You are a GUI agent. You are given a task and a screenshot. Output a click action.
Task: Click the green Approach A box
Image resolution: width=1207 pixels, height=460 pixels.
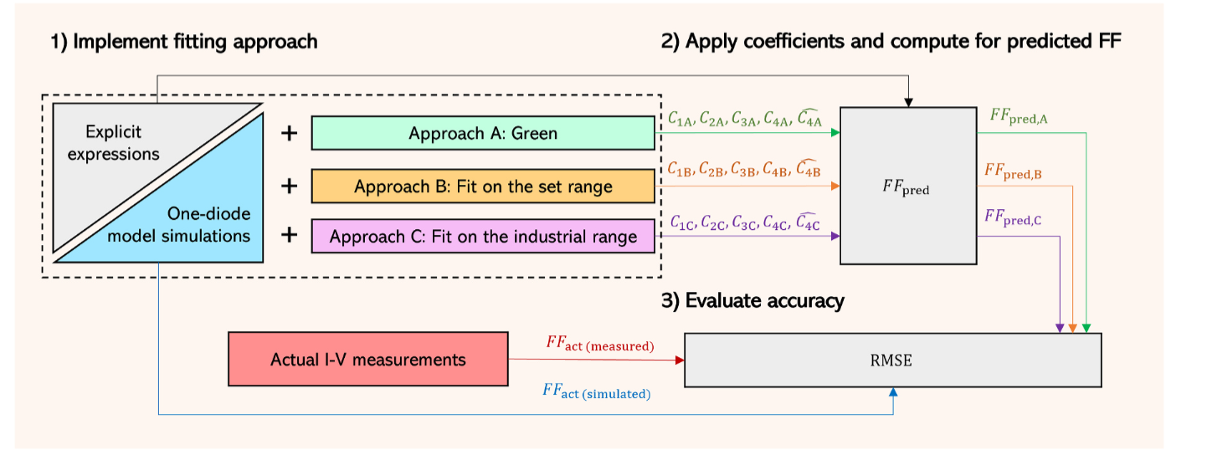click(x=483, y=134)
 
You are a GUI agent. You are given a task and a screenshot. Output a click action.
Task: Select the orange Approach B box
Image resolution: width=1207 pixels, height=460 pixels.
click(x=483, y=186)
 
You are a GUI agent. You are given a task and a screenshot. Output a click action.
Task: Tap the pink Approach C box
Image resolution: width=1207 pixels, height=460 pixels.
click(x=483, y=237)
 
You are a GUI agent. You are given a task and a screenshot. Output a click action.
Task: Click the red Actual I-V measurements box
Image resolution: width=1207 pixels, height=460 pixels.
click(x=368, y=360)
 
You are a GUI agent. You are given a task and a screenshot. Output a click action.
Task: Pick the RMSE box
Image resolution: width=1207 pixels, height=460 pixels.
click(x=892, y=360)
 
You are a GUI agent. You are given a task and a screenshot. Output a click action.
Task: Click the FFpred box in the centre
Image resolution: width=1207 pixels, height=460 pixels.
click(x=908, y=186)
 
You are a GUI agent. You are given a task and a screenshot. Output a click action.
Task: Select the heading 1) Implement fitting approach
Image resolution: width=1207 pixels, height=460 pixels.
click(x=184, y=42)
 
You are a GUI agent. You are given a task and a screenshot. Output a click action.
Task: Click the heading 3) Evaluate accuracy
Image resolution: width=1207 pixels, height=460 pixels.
click(x=752, y=301)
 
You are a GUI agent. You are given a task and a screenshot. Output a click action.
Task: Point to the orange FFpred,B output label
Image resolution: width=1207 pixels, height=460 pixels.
click(x=1012, y=171)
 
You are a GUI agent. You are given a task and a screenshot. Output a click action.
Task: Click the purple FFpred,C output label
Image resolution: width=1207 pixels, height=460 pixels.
click(x=1012, y=217)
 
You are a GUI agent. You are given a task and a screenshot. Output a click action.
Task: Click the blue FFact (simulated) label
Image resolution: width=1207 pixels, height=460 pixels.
click(x=598, y=391)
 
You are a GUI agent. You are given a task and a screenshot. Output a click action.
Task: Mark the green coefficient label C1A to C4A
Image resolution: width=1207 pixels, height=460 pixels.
click(x=744, y=120)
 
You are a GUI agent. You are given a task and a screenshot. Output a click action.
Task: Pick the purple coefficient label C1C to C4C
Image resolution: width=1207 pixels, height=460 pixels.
click(x=744, y=222)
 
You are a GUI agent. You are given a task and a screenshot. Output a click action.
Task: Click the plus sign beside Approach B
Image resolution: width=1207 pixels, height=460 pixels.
click(x=289, y=185)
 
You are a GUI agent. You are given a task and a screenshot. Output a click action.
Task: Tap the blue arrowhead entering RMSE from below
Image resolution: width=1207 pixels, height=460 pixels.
click(x=894, y=392)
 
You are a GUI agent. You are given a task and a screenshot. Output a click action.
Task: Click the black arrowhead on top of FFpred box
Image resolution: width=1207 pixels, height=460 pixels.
click(x=908, y=102)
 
